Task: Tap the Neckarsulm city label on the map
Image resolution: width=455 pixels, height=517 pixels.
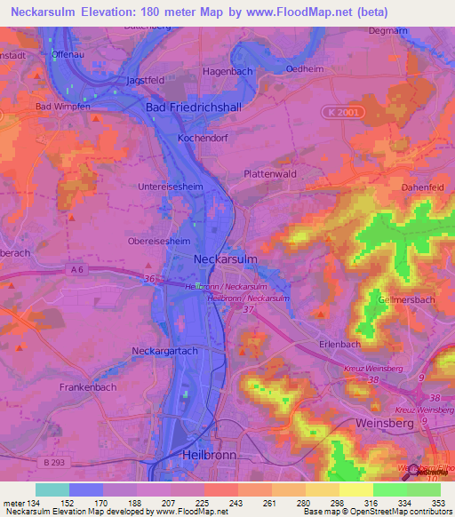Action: [227, 258]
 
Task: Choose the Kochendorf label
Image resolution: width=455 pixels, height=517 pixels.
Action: [204, 139]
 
